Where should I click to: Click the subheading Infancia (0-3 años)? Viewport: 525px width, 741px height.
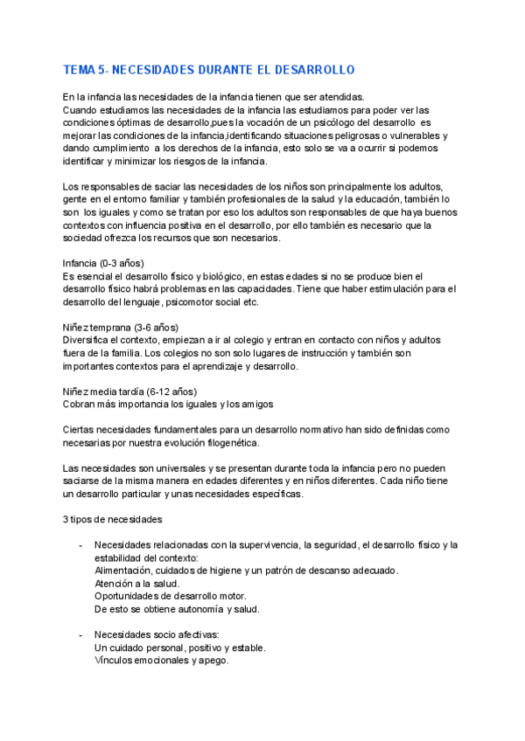103,263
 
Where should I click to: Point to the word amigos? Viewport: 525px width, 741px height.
255,404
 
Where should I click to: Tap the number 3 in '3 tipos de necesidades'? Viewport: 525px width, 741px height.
66,519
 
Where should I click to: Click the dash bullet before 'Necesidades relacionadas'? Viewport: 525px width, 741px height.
81,545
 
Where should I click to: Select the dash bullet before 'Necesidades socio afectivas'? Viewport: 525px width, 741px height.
81,634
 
